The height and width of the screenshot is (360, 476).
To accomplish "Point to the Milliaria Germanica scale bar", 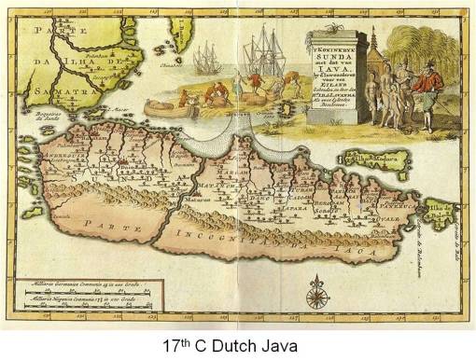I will point(80,277).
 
